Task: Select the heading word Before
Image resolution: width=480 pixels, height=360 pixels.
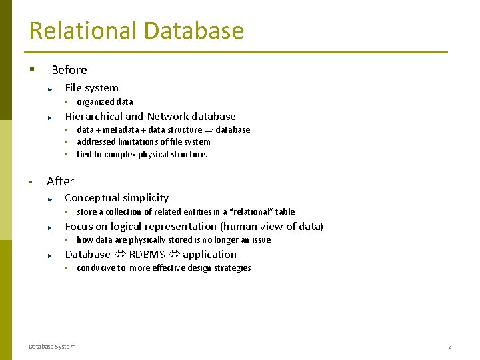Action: click(69, 70)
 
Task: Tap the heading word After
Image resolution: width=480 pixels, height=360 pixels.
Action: click(61, 181)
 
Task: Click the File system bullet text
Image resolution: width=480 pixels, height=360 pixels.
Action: click(91, 88)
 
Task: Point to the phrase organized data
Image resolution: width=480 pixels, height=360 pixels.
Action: click(105, 102)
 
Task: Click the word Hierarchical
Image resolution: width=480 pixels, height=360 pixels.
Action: click(94, 117)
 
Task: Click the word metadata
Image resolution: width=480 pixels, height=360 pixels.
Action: click(121, 130)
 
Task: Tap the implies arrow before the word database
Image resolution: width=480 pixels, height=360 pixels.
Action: click(209, 130)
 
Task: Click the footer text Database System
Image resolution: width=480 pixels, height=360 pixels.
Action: click(52, 347)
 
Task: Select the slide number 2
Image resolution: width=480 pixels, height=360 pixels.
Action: click(450, 347)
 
